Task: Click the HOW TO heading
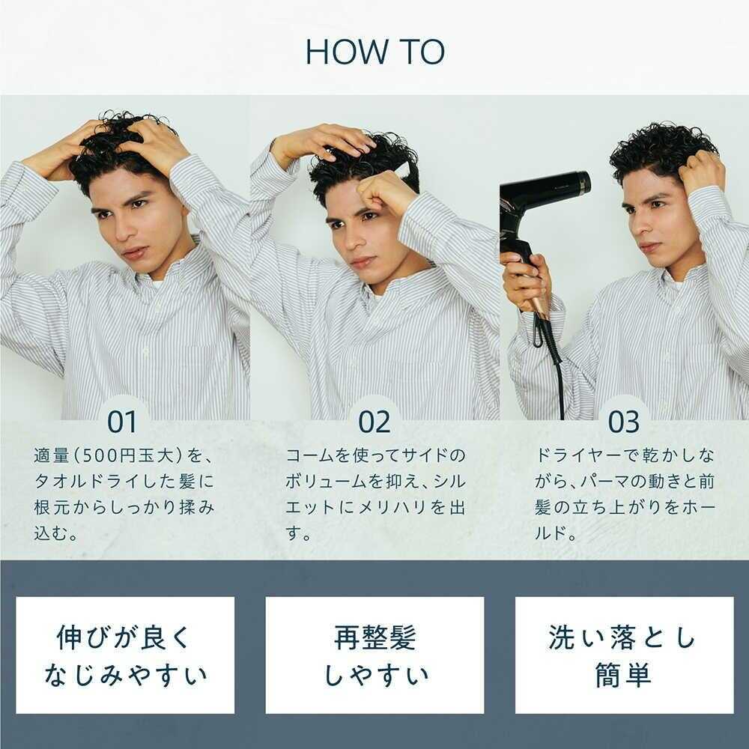click(375, 52)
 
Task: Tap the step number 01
click(122, 421)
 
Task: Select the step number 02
click(374, 421)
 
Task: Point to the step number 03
click(624, 421)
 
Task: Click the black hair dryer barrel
click(545, 195)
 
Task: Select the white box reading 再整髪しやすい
click(375, 655)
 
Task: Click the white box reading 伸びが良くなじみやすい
click(125, 655)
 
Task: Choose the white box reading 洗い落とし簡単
click(625, 655)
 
